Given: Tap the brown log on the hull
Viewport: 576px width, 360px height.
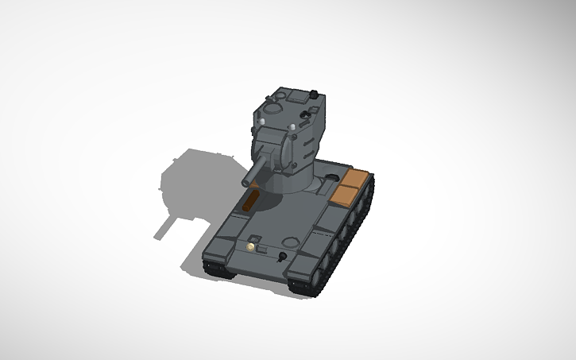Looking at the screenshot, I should click(251, 200).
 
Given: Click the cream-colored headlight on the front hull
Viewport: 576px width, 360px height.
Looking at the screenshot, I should click(251, 247).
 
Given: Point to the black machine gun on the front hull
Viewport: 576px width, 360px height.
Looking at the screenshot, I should click(282, 256).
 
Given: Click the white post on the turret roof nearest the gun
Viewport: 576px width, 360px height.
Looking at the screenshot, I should click(292, 127).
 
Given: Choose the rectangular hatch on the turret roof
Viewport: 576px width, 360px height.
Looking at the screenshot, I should click(299, 97).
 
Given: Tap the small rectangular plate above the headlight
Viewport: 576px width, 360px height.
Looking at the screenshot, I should click(256, 238).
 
